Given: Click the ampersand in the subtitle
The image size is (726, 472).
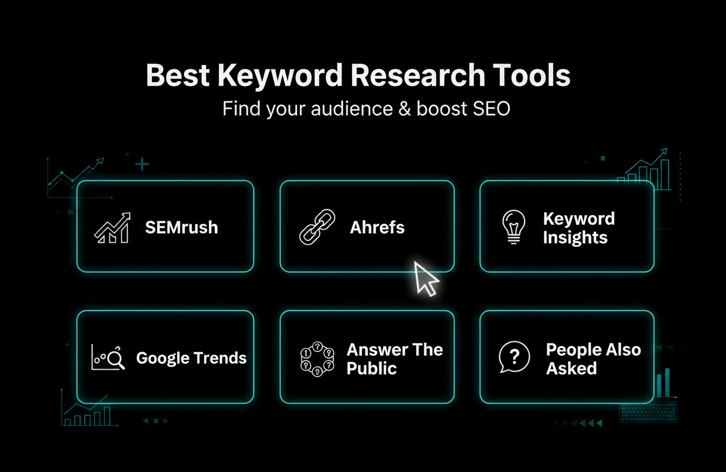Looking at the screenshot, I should [404, 108].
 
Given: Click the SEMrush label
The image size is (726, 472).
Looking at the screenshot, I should [181, 227].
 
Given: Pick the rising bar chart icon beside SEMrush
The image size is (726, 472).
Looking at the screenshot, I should [112, 228].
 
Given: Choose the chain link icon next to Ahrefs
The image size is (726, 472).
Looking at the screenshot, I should [316, 227].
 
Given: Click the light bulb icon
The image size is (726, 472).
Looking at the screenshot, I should [514, 227].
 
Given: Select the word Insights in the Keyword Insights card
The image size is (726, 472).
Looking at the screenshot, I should [575, 237].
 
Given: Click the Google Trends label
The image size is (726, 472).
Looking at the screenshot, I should [191, 358].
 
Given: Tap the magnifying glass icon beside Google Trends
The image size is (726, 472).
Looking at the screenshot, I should [115, 359].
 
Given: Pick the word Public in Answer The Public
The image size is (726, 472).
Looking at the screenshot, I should [372, 368].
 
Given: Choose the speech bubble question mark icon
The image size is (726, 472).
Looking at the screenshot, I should [514, 357].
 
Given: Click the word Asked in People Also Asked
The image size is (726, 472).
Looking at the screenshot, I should [571, 368].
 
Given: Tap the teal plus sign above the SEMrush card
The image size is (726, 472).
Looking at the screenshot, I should [142, 165].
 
